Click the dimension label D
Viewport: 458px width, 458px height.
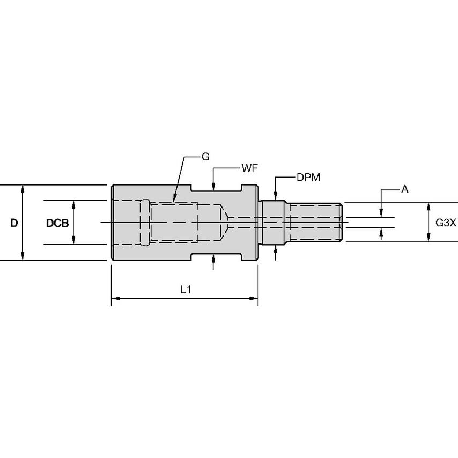(14, 223)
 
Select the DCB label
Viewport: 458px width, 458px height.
(57, 223)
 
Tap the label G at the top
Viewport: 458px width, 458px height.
(205, 157)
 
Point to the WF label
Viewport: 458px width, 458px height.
(248, 168)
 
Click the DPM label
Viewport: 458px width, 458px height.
(308, 178)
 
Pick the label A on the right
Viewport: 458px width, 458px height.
(404, 189)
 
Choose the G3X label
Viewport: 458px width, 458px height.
(445, 222)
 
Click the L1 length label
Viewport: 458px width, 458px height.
(186, 289)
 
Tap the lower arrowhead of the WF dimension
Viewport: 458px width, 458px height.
(213, 258)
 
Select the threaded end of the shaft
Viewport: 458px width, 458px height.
(314, 222)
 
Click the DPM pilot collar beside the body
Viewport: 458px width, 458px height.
(271, 222)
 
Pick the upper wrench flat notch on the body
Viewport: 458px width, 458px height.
(217, 188)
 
